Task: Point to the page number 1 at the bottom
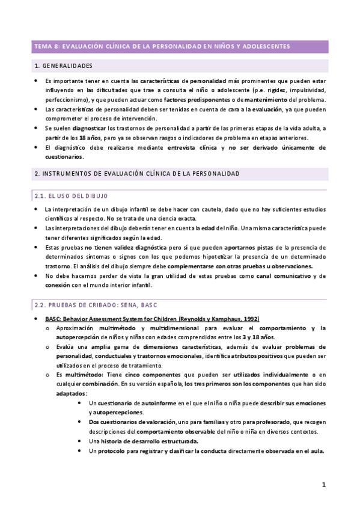[x=323, y=485]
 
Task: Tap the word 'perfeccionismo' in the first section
[x=66, y=99]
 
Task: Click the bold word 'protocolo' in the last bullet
[x=110, y=452]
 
